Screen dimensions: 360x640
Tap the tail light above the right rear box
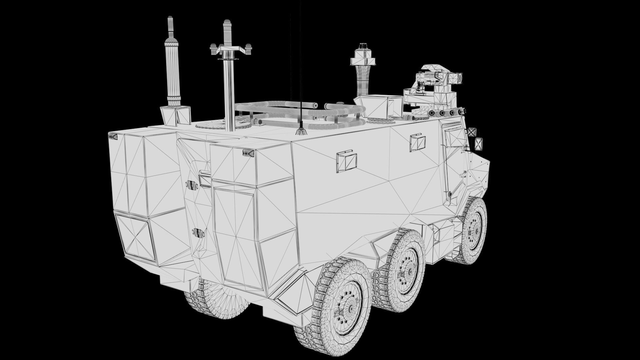click(x=248, y=153)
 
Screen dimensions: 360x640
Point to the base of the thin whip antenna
click(x=301, y=131)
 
